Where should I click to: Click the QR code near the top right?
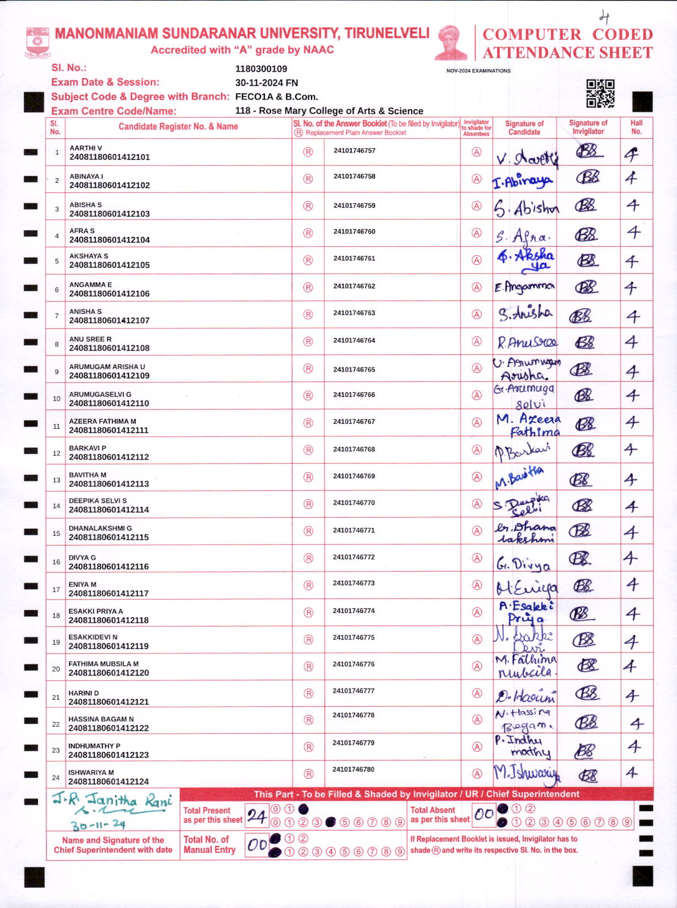point(600,93)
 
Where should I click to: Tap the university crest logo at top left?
point(38,42)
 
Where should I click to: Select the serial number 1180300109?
point(261,69)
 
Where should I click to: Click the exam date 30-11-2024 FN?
point(267,82)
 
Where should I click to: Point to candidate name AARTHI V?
point(86,148)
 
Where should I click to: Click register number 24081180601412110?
point(109,403)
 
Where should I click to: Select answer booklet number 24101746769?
point(354,476)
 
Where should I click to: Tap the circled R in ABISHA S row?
point(308,206)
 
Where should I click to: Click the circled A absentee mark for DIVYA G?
point(477,558)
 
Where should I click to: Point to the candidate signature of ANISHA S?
point(525,314)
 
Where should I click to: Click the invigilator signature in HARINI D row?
point(587,693)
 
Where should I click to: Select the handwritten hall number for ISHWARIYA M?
point(632,773)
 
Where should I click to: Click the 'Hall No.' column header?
point(636,127)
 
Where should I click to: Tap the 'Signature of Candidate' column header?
point(524,128)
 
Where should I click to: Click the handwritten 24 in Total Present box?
point(257,816)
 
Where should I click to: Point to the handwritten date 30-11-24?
point(98,825)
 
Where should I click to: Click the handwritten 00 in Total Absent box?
point(484,814)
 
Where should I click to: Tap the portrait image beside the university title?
point(451,42)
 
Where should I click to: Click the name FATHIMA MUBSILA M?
point(103,663)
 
